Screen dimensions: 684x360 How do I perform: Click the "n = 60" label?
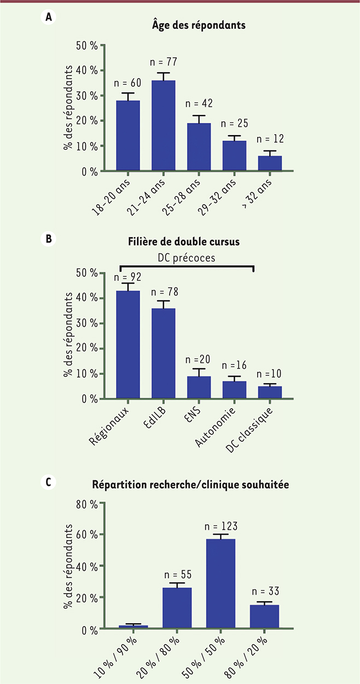pos(127,84)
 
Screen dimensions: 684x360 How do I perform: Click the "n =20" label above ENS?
pos(198,360)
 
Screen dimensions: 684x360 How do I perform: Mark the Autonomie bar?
pos(234,390)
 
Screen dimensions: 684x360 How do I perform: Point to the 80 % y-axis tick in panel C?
pos(88,504)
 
